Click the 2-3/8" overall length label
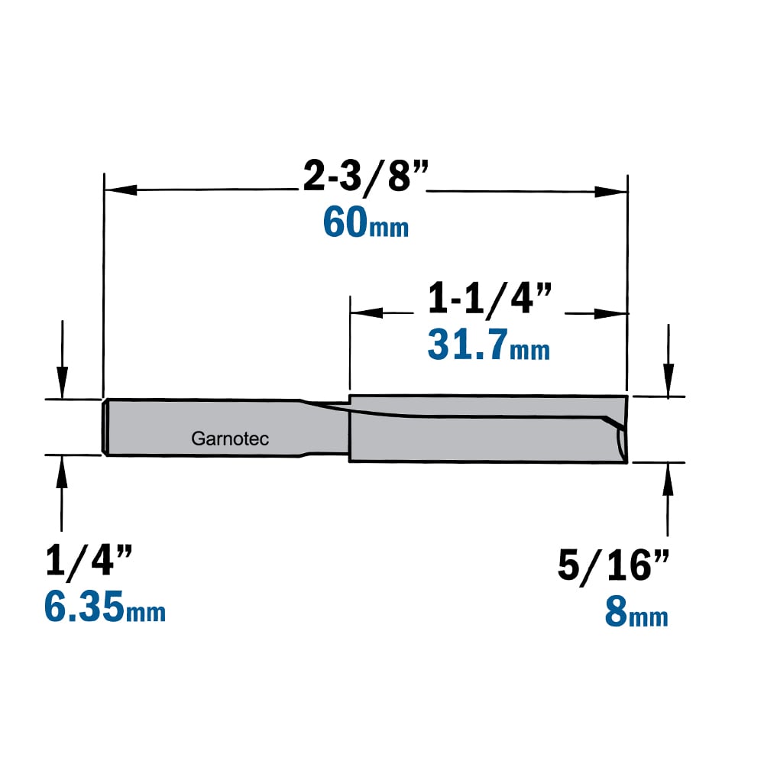(x=366, y=176)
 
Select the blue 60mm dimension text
(x=366, y=223)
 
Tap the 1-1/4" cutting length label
(x=490, y=299)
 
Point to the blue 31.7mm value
(x=489, y=345)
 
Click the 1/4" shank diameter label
(x=89, y=562)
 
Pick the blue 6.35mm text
(x=105, y=607)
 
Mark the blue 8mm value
(x=636, y=612)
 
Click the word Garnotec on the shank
(x=230, y=439)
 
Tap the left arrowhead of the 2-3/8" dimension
(x=121, y=189)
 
